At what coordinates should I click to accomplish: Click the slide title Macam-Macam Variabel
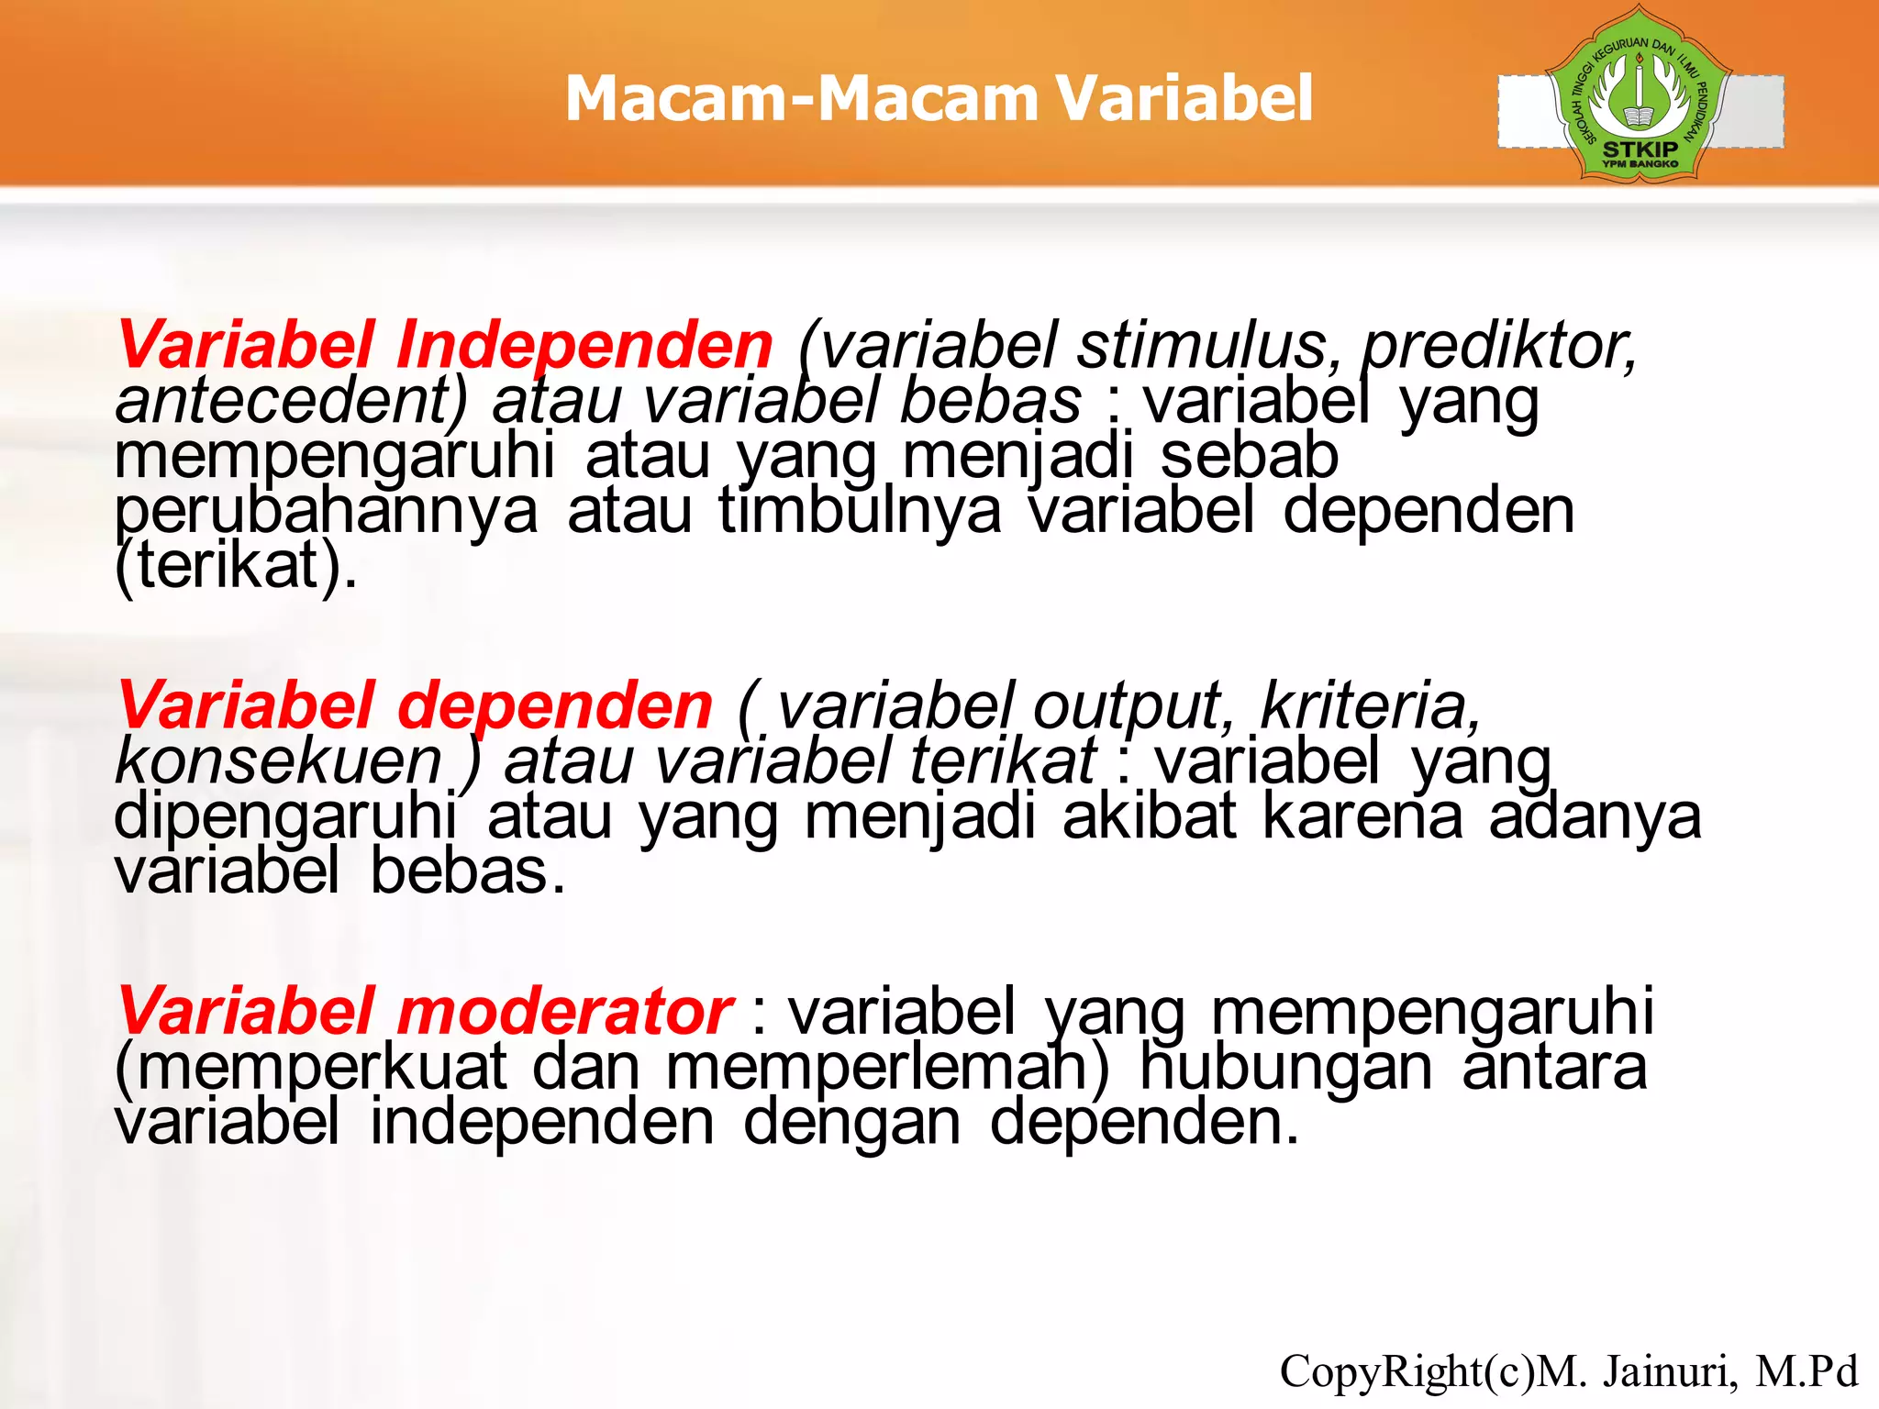point(939,98)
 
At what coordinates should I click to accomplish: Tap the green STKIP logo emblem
point(1640,94)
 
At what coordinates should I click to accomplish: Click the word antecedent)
point(291,401)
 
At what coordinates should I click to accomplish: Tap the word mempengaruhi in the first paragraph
point(335,457)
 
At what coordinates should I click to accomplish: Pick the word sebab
point(1249,456)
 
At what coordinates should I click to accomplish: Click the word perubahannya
point(326,512)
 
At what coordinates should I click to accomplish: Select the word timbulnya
point(860,511)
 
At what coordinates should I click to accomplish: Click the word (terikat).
point(236,566)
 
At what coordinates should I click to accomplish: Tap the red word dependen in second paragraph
point(554,706)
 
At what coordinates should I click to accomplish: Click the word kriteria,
point(1371,706)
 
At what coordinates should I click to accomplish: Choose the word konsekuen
point(279,761)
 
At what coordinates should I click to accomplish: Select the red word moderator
point(563,1012)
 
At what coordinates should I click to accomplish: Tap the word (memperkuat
point(310,1068)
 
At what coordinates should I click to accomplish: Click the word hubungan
point(1285,1068)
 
